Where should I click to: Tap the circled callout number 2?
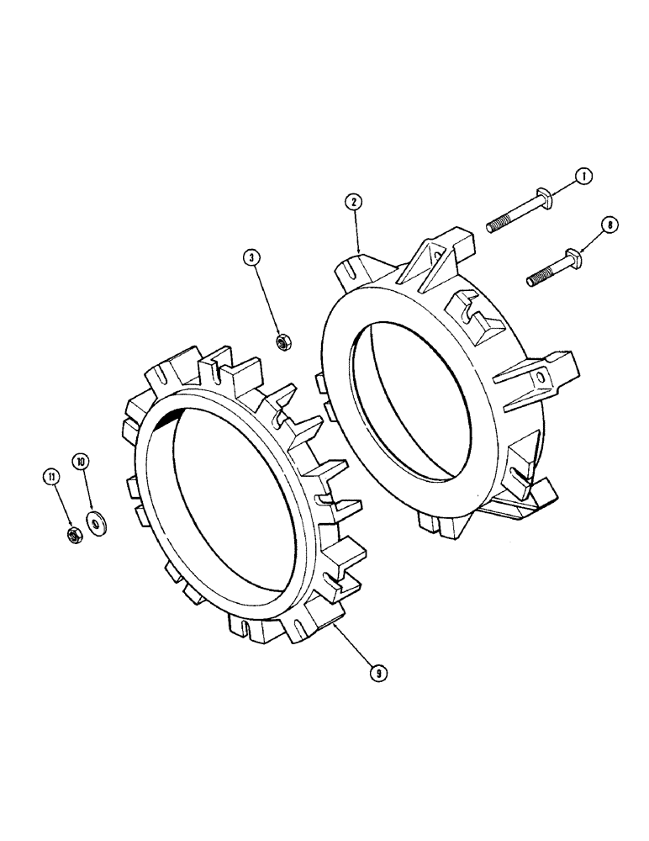[x=354, y=202]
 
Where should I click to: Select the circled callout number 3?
[x=251, y=257]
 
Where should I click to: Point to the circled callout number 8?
[x=609, y=224]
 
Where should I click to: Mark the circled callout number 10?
[x=82, y=462]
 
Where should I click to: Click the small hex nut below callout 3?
[x=283, y=341]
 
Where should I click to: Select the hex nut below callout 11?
[x=73, y=534]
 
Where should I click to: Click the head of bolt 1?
[x=544, y=200]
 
